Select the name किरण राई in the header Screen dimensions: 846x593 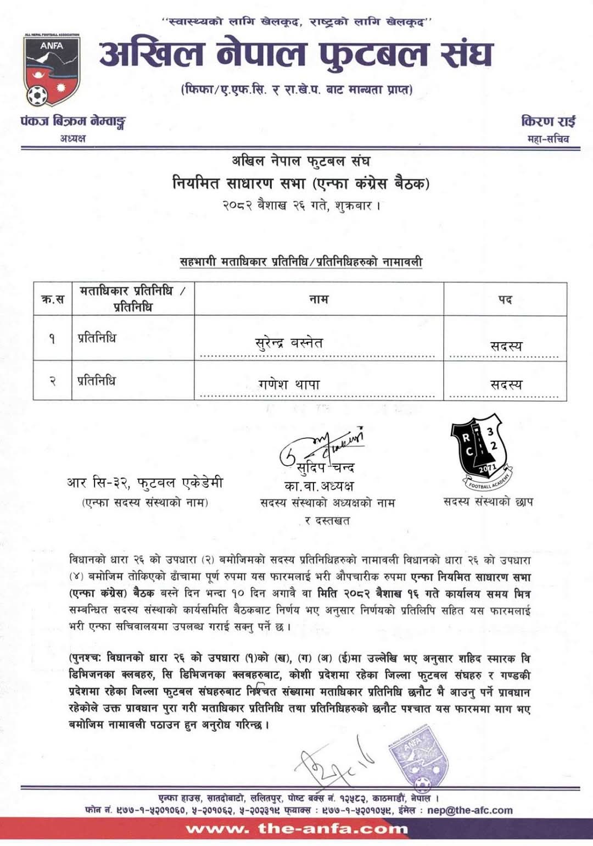548,121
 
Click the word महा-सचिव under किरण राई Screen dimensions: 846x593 548,139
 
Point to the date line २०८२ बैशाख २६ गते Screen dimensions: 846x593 301,207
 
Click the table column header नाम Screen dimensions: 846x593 318,299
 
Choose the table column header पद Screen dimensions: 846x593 505,299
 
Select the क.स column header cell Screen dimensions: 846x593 53,299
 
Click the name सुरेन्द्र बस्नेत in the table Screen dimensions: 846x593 289,343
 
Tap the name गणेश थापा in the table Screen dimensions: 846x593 289,385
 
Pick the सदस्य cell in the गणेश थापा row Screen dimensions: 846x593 506,385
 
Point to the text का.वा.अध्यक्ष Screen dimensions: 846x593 318,486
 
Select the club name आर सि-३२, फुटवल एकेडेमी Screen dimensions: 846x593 145,483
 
